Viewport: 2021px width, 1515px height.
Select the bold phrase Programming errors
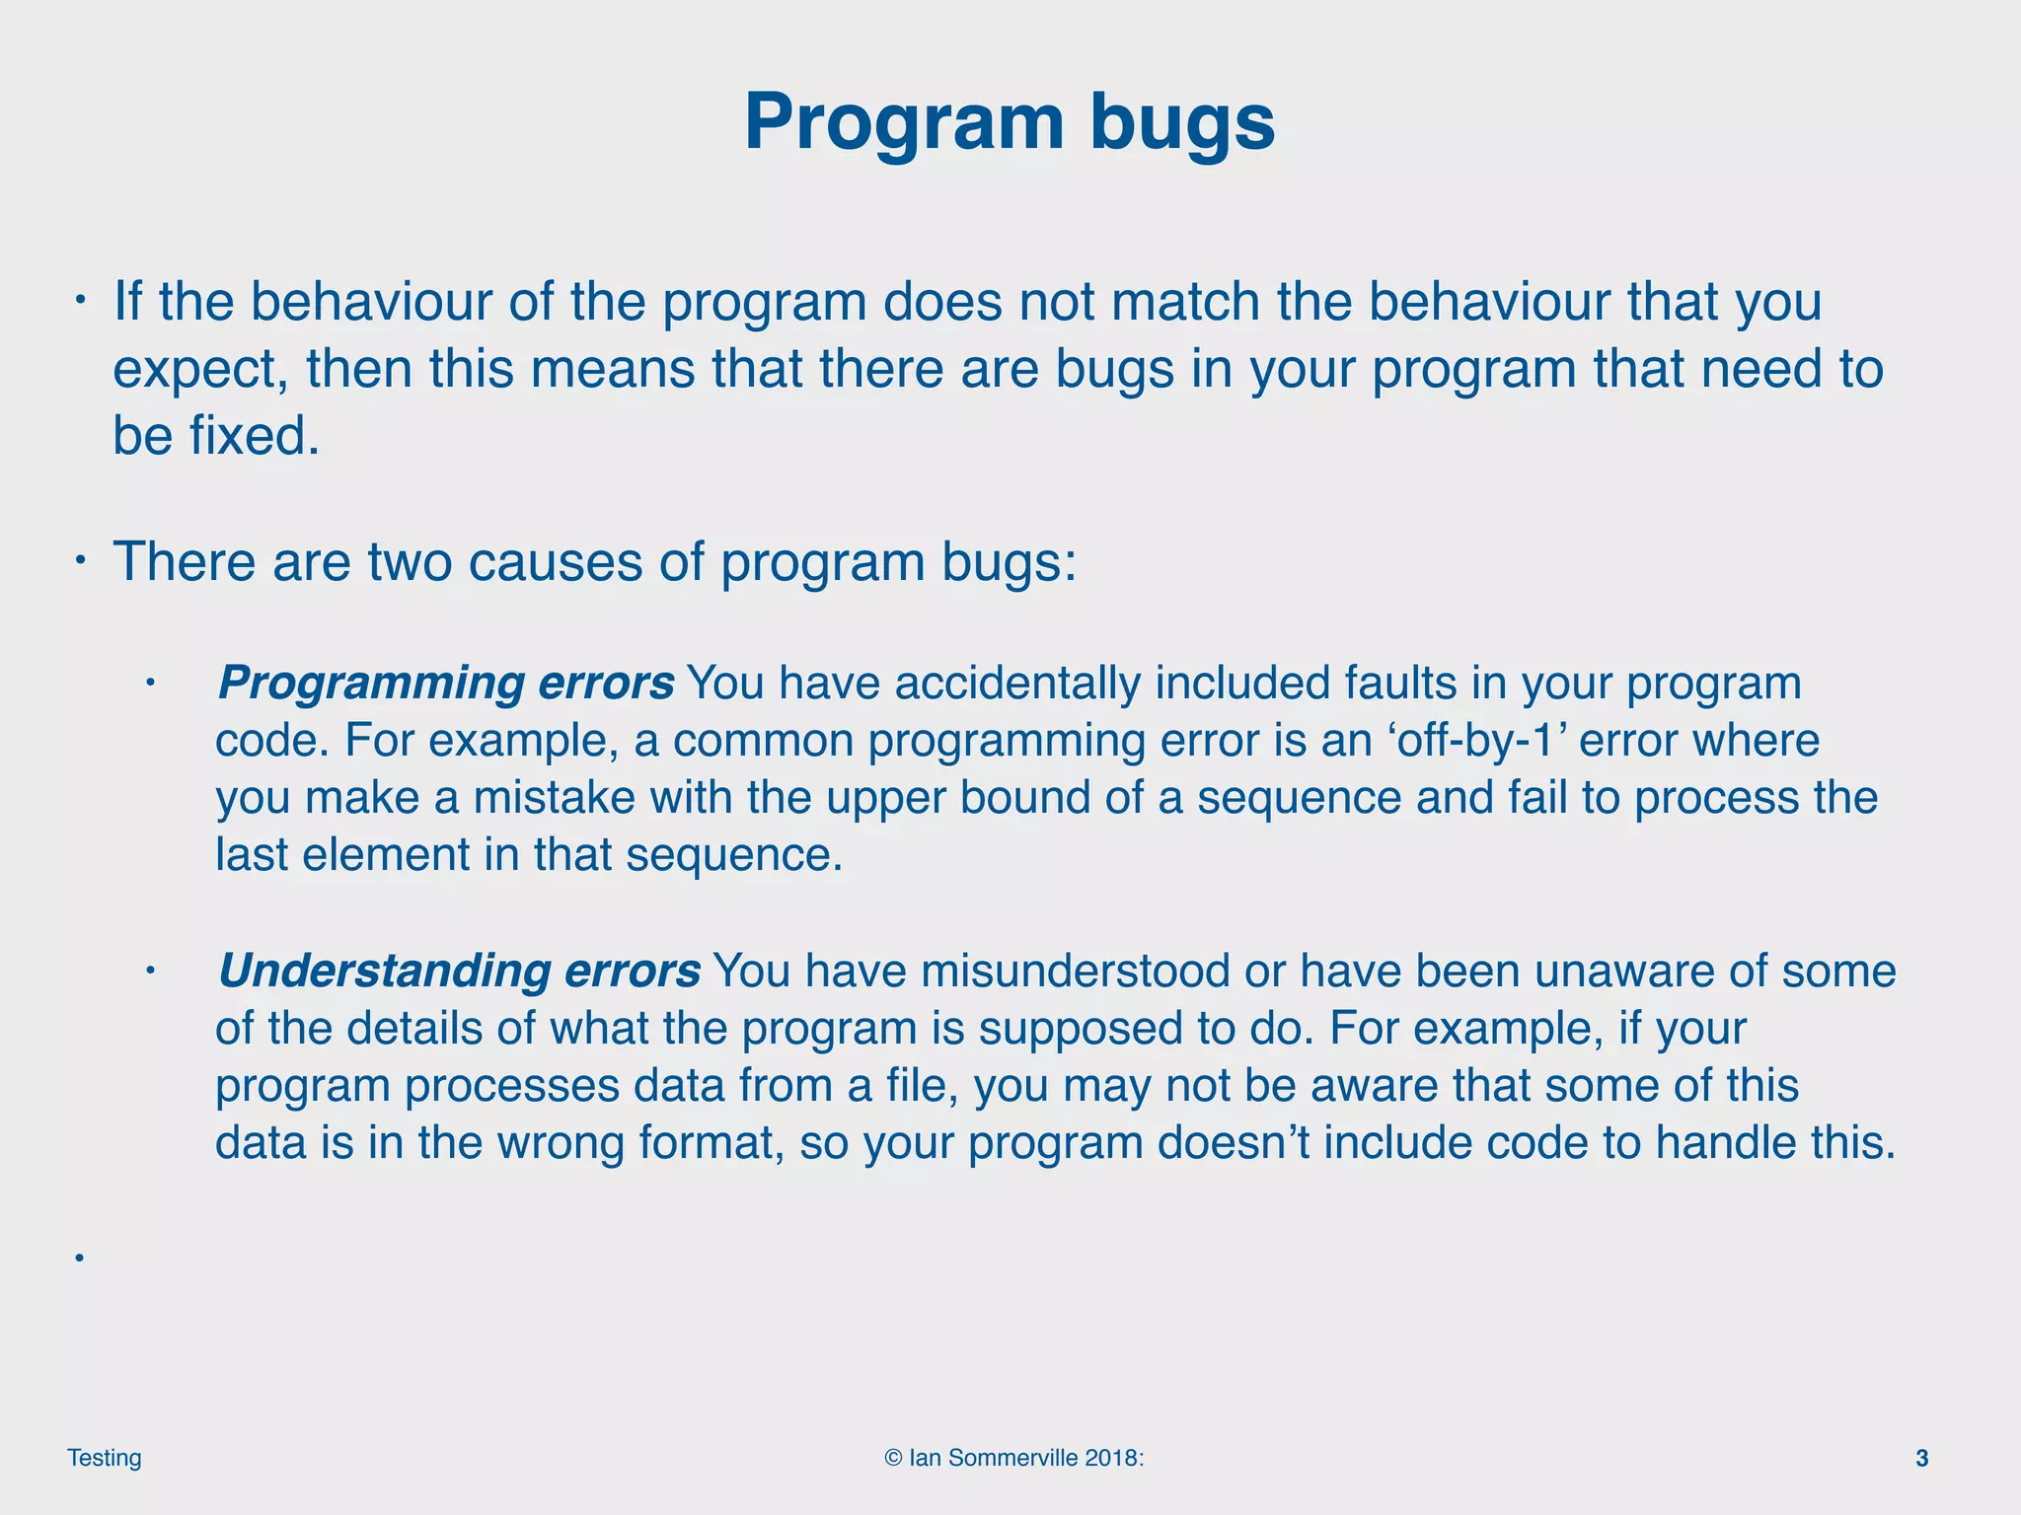click(x=446, y=684)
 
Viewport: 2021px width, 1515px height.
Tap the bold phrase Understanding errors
click(x=459, y=972)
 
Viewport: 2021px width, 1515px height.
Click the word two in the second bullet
click(x=409, y=562)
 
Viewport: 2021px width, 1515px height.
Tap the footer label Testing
click(x=105, y=1458)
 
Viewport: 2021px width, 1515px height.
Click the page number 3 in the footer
click(x=1921, y=1458)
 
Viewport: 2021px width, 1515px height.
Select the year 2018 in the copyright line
click(x=1111, y=1458)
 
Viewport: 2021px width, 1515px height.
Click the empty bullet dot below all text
click(x=77, y=1258)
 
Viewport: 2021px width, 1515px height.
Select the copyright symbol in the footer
click(x=893, y=1458)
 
